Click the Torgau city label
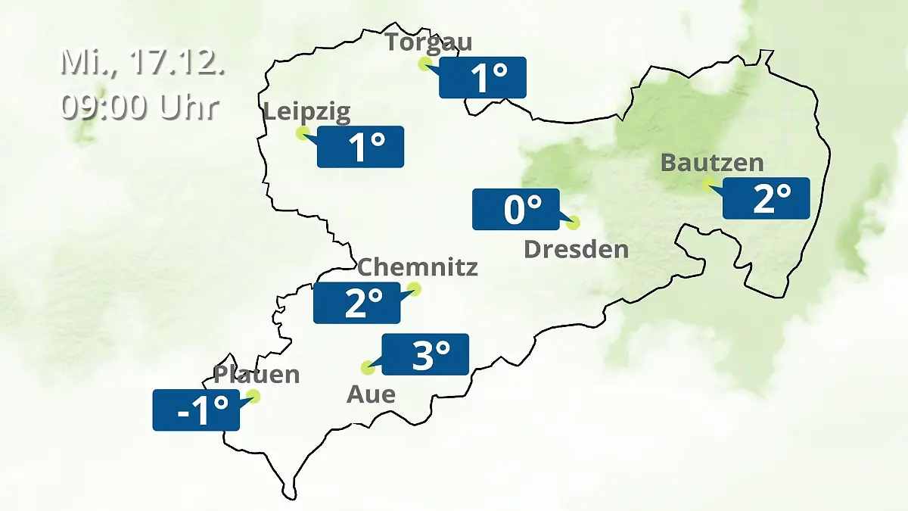tap(428, 42)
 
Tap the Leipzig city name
tap(307, 113)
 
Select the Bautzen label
tap(712, 163)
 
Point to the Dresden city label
tap(577, 249)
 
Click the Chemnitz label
tap(417, 267)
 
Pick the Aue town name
tap(371, 394)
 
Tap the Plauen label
tap(257, 375)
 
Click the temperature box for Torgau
tap(483, 77)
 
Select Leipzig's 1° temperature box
tap(361, 146)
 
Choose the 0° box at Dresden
tap(516, 209)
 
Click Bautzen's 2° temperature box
tap(767, 198)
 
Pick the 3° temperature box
tap(425, 354)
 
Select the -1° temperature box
tap(196, 410)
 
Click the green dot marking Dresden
tap(573, 223)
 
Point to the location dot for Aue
tap(368, 369)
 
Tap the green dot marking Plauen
tap(253, 396)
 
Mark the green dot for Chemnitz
tap(413, 288)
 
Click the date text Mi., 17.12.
tap(142, 63)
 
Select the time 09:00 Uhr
tap(140, 107)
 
